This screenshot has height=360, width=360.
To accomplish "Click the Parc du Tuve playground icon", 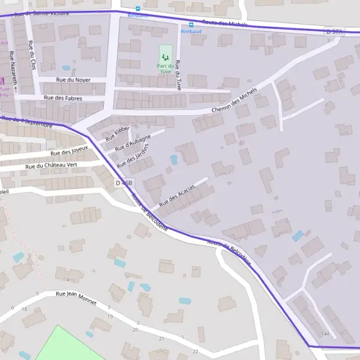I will (x=165, y=57).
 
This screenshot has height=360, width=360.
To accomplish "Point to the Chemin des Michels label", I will (x=234, y=101).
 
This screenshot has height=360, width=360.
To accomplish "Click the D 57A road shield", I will (x=334, y=31).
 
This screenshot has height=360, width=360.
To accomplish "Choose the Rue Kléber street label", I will (x=118, y=133).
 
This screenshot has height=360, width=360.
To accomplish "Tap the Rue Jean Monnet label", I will (x=76, y=298).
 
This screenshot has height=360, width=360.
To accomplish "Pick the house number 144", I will (x=325, y=334).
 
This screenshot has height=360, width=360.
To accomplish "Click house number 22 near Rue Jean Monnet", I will (x=195, y=351).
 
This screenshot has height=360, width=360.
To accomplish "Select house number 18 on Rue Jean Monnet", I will (x=24, y=308).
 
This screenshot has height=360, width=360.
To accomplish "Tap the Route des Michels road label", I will (x=225, y=23).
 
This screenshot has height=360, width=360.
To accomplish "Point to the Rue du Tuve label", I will (x=178, y=74).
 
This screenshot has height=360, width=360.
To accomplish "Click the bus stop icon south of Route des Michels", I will (x=191, y=25).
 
